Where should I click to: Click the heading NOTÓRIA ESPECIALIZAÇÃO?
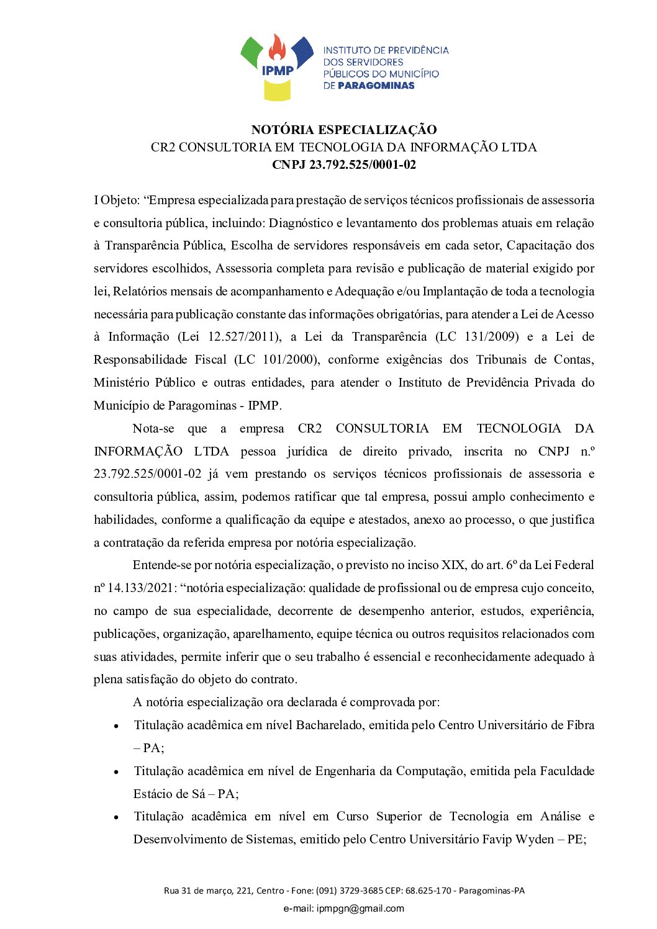[x=343, y=130]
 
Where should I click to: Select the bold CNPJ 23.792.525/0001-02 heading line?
[x=343, y=164]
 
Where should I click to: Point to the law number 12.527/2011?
[x=243, y=337]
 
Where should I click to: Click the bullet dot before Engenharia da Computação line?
[x=116, y=772]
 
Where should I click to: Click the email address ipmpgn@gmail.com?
[x=360, y=909]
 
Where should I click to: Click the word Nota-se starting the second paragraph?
[x=153, y=429]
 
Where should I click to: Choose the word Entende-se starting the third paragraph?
[x=162, y=565]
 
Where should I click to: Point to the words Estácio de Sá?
[x=169, y=794]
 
